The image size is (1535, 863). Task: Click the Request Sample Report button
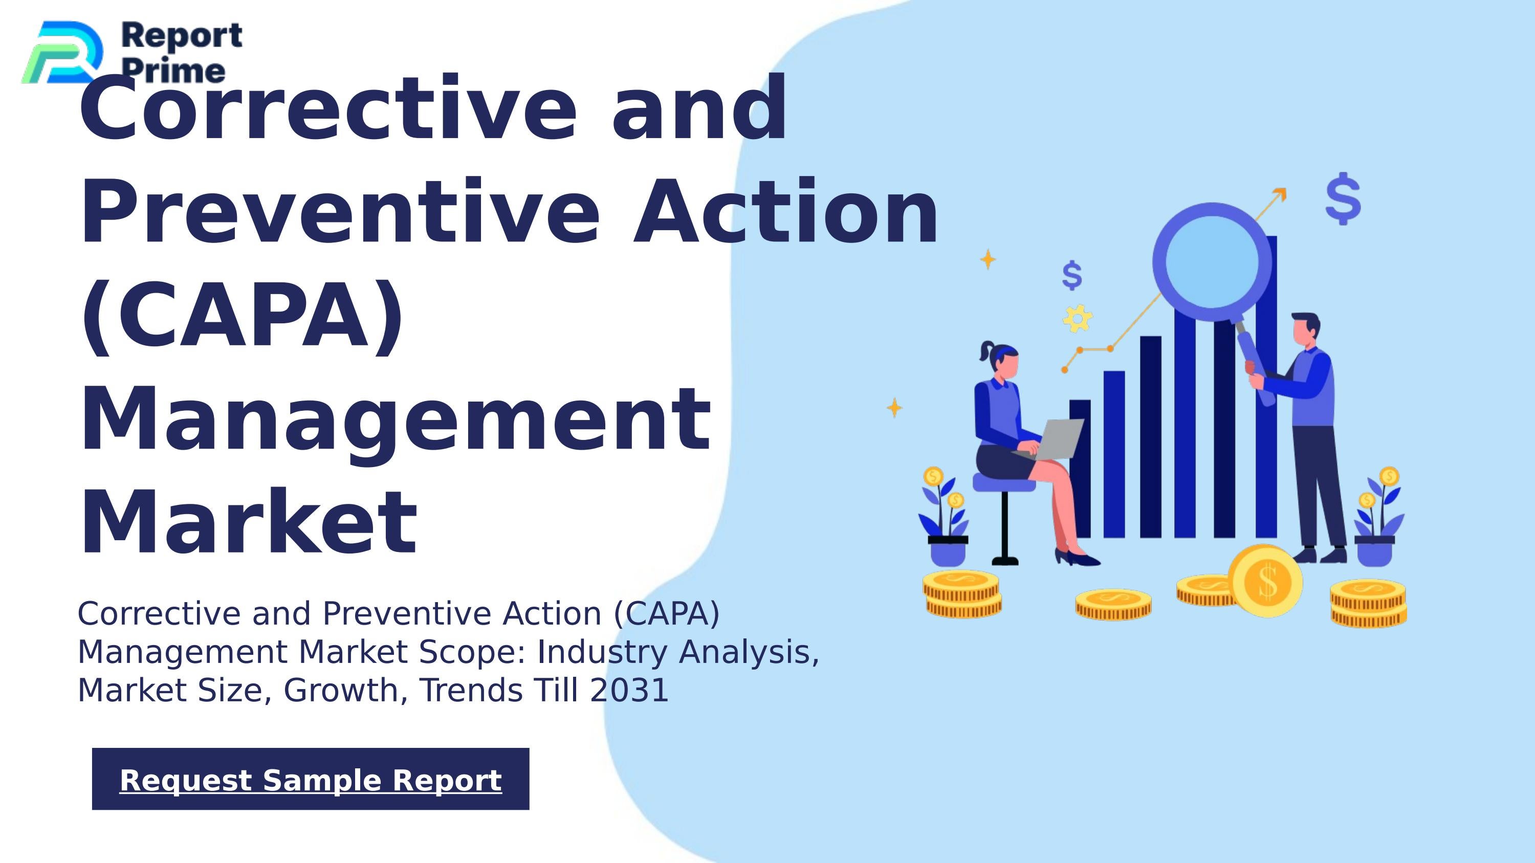tap(311, 779)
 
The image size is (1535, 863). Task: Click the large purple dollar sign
tap(1343, 198)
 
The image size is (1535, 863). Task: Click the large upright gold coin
tap(1266, 581)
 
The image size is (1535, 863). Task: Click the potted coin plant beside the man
tap(1378, 518)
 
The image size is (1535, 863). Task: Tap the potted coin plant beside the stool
tap(946, 518)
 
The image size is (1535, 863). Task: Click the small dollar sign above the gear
tap(1072, 276)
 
